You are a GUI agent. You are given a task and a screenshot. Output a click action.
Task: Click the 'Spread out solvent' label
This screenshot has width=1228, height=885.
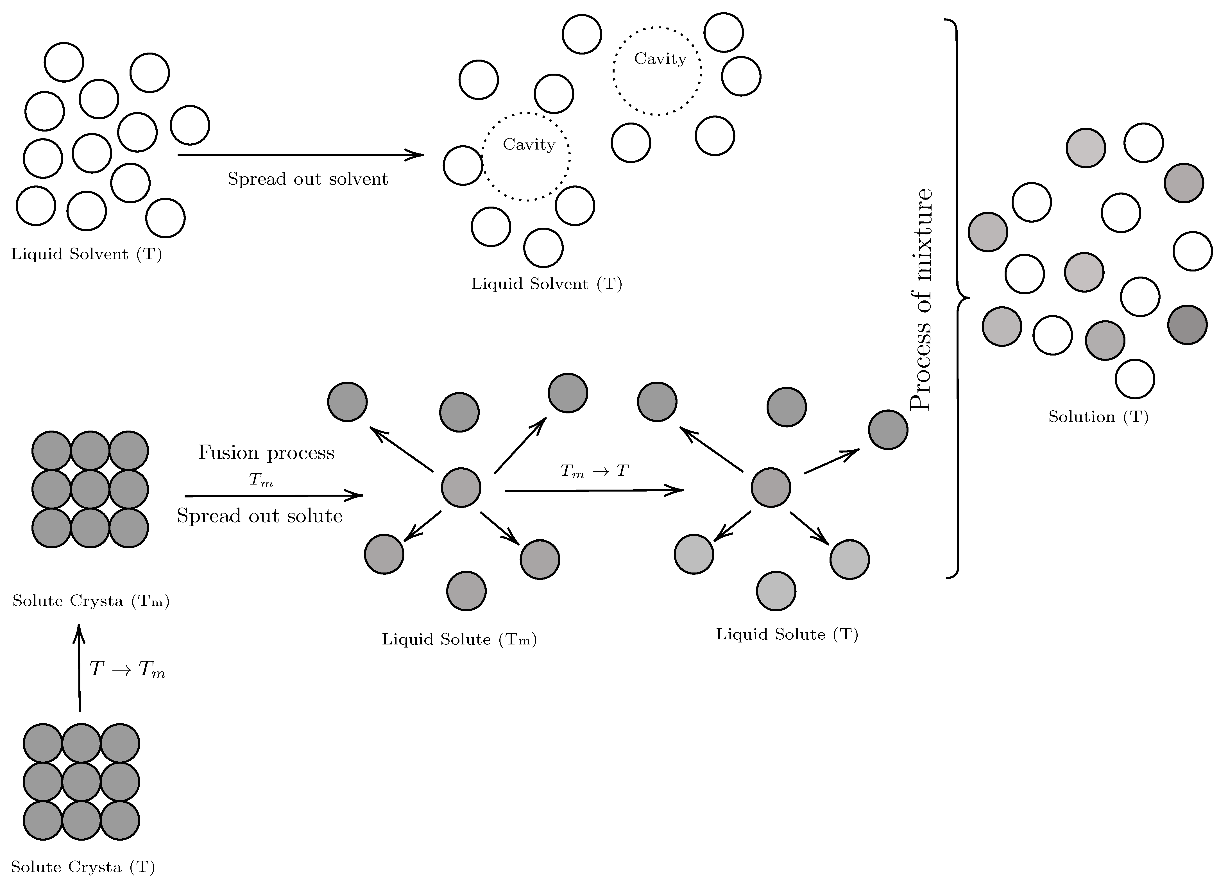[x=307, y=179]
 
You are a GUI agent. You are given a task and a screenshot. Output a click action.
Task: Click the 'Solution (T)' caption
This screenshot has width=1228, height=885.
[x=1098, y=417]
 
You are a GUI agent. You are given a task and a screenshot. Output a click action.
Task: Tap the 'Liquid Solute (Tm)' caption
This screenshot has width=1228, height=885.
[x=459, y=640]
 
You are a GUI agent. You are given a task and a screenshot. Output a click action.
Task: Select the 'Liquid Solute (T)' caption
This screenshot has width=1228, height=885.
[x=787, y=634]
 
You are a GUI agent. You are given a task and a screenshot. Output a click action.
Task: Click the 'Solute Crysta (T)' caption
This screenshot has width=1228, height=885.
[x=83, y=867]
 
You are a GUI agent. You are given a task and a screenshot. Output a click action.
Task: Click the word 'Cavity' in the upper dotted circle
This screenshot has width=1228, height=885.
[x=660, y=58]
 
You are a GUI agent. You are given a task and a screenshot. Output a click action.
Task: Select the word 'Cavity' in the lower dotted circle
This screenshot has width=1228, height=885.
[x=529, y=145]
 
